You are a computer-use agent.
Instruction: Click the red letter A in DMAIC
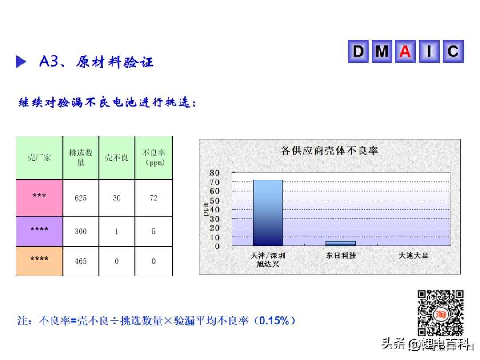tap(405, 52)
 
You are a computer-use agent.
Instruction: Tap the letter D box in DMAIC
tap(358, 52)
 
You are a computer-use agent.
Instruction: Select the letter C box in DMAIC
tap(453, 52)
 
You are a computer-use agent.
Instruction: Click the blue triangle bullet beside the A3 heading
tap(21, 61)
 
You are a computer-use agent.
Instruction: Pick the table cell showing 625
tap(80, 198)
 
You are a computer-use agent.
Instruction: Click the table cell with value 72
tap(154, 198)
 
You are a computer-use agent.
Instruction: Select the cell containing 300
tap(80, 232)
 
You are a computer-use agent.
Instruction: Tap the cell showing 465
tap(80, 261)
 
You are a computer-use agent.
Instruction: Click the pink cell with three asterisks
tap(39, 198)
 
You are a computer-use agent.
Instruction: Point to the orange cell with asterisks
tap(39, 261)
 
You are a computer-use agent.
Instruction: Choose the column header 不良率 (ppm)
tap(154, 158)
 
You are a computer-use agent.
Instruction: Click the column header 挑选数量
tap(80, 158)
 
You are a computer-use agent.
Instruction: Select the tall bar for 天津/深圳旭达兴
tap(268, 213)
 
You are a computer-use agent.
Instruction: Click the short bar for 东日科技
tap(340, 244)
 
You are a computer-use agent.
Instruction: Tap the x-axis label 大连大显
tap(413, 256)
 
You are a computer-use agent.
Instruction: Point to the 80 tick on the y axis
tap(214, 173)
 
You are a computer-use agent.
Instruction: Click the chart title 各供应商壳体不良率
tap(329, 150)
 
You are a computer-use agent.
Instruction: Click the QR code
tap(440, 313)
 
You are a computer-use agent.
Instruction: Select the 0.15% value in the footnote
tap(274, 321)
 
